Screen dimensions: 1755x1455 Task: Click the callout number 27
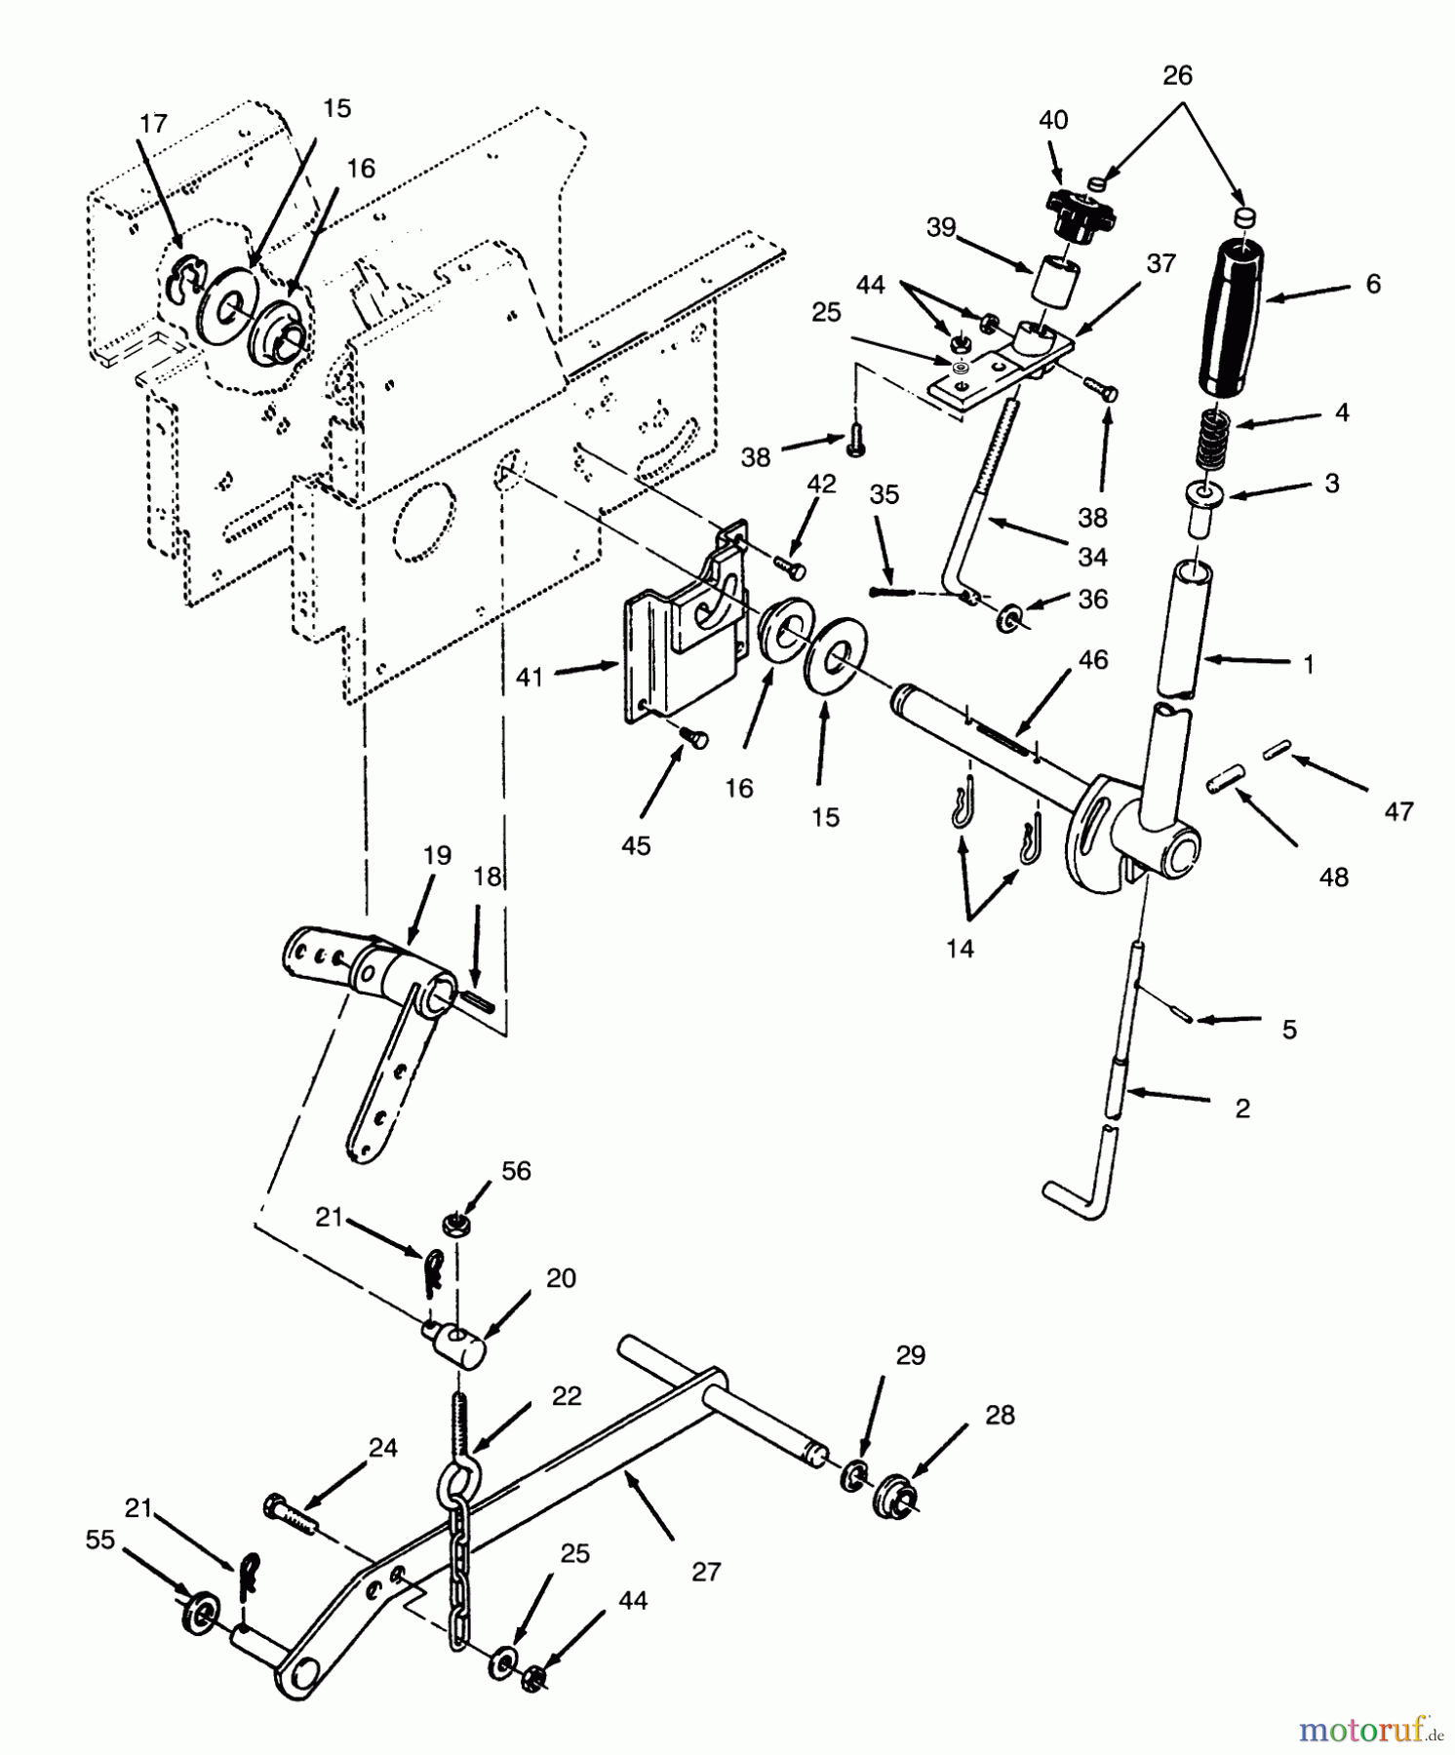[x=706, y=1572]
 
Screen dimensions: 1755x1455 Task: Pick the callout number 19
[x=438, y=856]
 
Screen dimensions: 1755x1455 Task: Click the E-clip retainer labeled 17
[x=182, y=285]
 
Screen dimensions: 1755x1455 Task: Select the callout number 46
[x=1093, y=660]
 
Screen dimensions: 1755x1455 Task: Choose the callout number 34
[x=1092, y=557]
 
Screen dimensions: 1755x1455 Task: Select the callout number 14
[x=960, y=948]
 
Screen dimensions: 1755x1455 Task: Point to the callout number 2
[x=1241, y=1109]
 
